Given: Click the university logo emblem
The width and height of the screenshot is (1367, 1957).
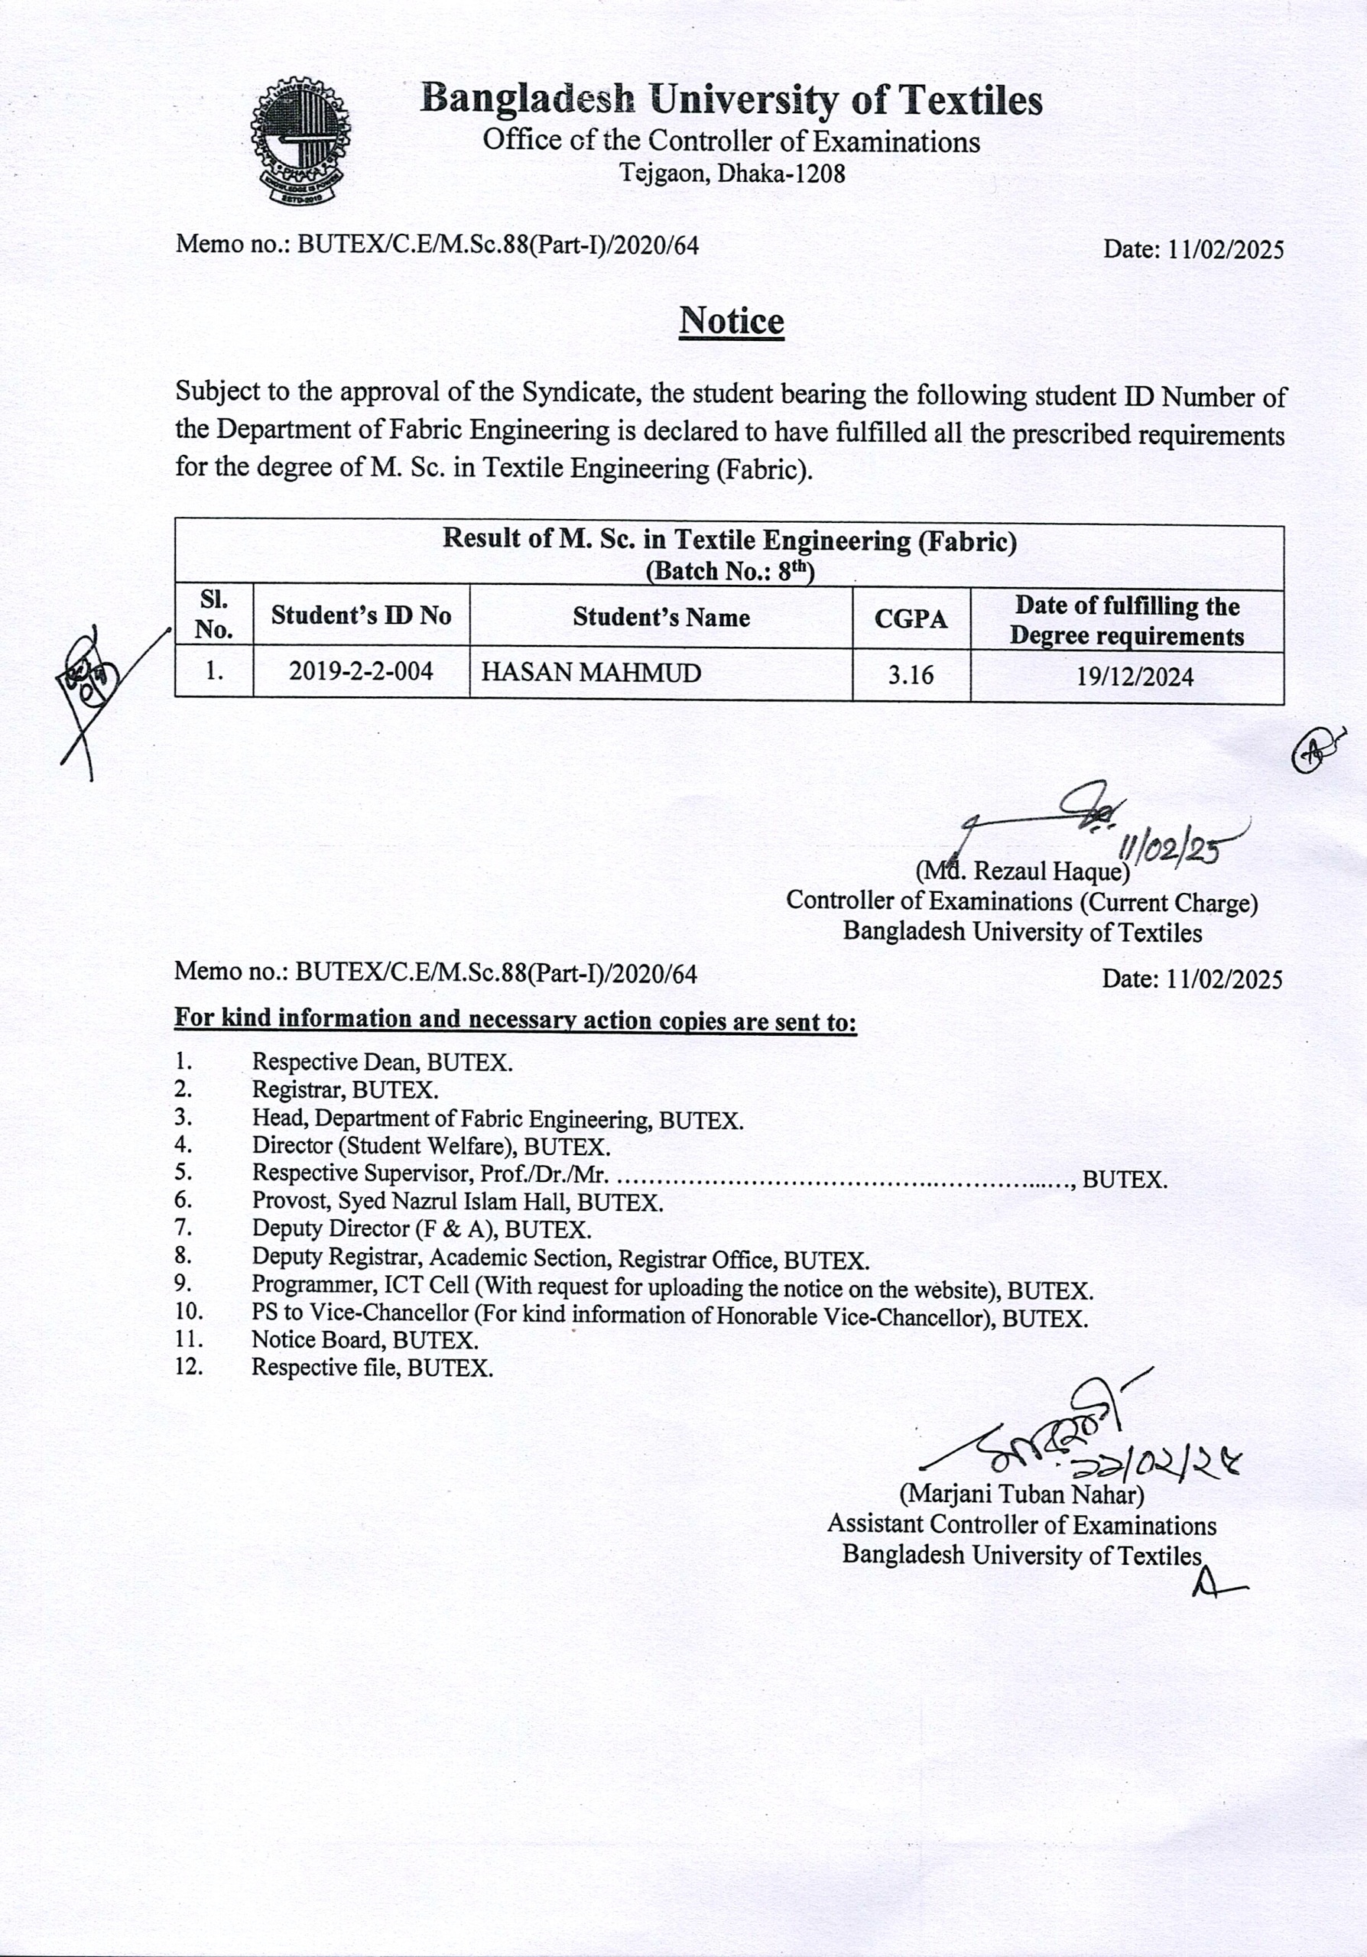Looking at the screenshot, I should tap(300, 141).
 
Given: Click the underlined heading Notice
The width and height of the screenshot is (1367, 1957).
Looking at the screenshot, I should tap(731, 321).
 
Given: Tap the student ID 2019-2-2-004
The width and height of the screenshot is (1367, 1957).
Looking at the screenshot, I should tap(361, 672).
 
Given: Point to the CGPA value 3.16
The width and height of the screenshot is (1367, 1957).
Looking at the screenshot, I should tap(911, 675).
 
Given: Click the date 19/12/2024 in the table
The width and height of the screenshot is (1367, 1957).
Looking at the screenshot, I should tap(1134, 677).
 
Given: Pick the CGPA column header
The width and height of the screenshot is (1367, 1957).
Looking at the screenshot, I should tap(911, 618).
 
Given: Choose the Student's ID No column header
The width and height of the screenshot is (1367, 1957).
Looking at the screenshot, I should tap(361, 615).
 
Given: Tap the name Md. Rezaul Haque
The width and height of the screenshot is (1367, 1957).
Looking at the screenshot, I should tap(1023, 871).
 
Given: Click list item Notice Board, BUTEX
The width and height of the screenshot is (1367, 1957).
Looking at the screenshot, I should tap(365, 1340).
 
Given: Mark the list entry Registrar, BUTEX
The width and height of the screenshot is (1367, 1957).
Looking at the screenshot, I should tap(345, 1089).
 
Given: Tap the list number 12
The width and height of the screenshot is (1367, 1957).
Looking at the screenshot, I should tap(188, 1367).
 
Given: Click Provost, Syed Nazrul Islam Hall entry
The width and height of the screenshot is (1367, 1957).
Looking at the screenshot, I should tap(456, 1202).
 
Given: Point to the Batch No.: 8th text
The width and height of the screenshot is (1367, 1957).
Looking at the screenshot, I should tap(729, 570).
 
